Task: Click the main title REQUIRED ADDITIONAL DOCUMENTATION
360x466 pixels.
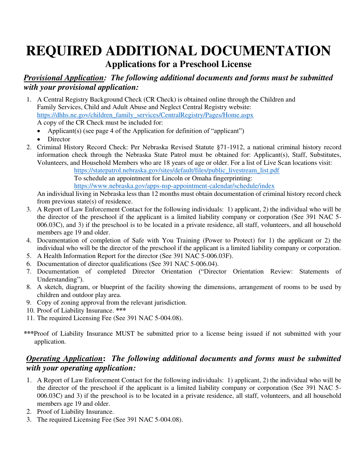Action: [x=178, y=51]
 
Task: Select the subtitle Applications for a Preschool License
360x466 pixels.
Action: [x=178, y=64]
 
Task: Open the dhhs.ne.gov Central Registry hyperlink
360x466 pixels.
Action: [x=145, y=115]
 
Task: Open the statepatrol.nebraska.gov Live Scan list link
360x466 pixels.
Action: [x=177, y=170]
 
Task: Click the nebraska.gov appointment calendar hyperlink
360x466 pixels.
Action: [x=174, y=186]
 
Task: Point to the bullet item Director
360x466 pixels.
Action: [x=59, y=139]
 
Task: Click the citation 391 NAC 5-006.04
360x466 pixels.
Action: [x=189, y=264]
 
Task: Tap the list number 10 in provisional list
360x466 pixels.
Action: [x=29, y=310]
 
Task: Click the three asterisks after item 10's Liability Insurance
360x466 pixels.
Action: [x=121, y=310]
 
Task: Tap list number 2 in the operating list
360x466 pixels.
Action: [x=29, y=411]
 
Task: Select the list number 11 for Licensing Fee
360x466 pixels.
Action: [x=29, y=318]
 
